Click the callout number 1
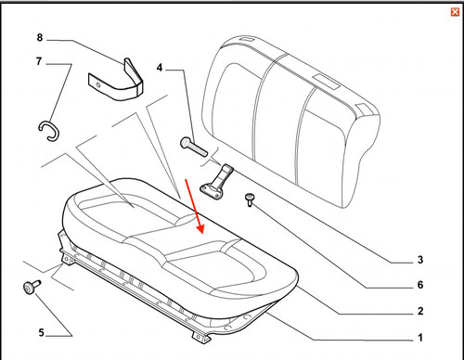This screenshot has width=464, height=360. point(420,338)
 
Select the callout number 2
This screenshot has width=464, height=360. point(420,311)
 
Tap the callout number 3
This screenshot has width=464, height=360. point(420,260)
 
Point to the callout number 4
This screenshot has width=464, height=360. point(160,68)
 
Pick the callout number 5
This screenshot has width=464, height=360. point(42,333)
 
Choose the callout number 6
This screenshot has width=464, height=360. point(420,285)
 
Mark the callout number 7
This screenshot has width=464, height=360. point(39,61)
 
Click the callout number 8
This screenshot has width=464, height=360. point(40,37)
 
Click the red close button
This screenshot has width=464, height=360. point(455,12)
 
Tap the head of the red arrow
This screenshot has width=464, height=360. point(200,229)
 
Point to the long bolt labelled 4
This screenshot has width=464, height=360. point(193,147)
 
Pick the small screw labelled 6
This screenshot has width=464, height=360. point(250,199)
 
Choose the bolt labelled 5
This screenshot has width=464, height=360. point(32,287)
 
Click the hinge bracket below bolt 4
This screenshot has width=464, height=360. point(216,182)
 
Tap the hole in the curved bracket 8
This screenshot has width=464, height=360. point(98,85)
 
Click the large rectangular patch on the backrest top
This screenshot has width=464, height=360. point(326,82)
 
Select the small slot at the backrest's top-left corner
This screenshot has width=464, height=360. point(247,39)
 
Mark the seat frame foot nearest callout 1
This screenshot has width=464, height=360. point(200,337)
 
